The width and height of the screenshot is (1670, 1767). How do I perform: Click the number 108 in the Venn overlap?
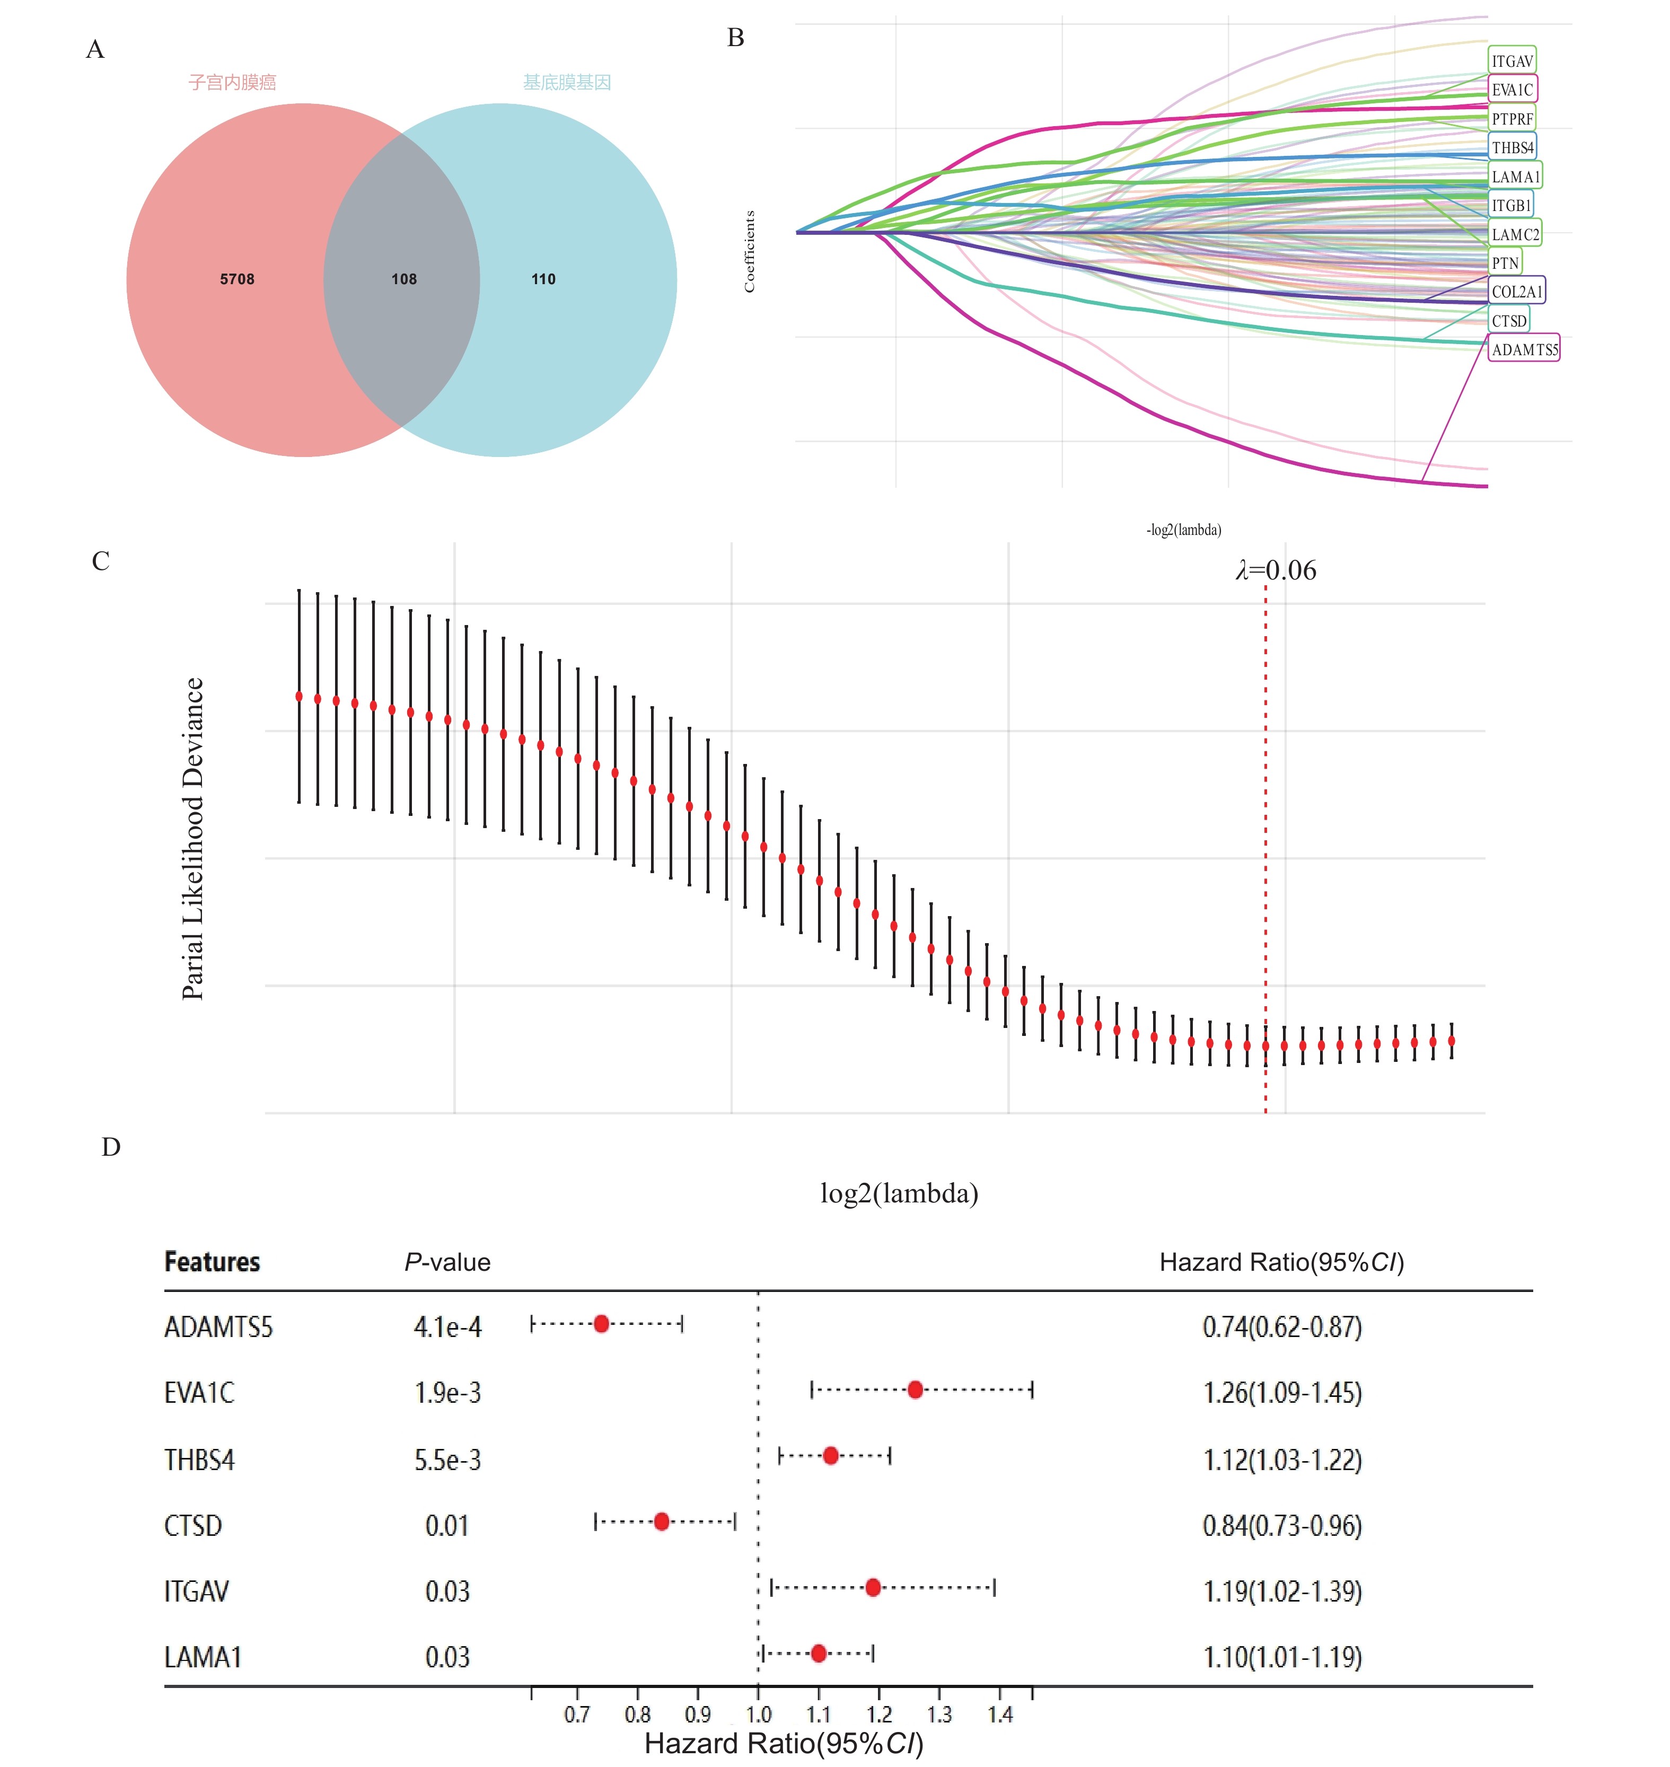coord(404,279)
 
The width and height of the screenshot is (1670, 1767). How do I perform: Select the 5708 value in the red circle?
coord(237,279)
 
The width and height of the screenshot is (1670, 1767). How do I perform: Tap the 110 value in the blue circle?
coord(543,279)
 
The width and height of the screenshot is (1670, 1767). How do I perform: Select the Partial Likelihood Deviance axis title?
coord(193,839)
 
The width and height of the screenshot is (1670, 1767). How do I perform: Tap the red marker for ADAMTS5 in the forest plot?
coord(602,1324)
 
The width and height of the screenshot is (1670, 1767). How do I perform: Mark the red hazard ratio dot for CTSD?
coord(662,1522)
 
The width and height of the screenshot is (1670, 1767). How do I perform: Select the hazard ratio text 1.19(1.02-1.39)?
coord(1282,1591)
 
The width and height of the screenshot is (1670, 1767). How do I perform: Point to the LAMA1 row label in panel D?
coord(203,1657)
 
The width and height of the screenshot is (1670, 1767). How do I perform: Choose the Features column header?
coord(212,1262)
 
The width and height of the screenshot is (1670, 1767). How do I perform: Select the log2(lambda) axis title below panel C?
coord(899,1193)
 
